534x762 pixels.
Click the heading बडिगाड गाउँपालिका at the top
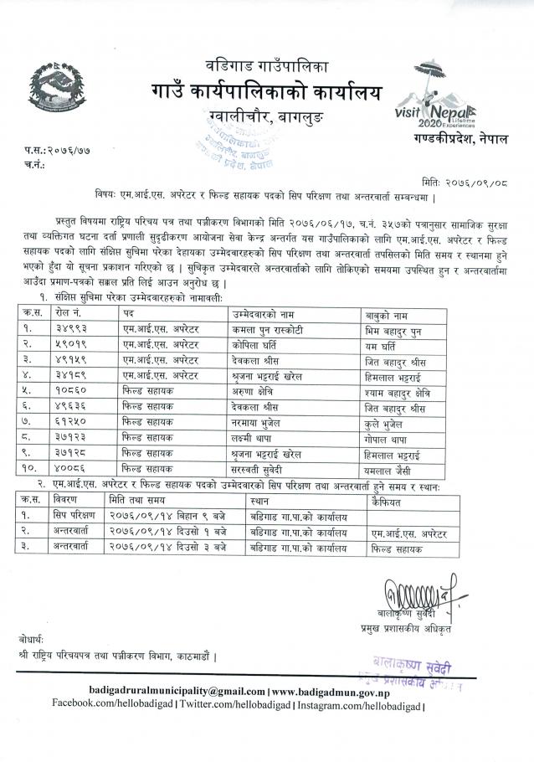pos(267,64)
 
